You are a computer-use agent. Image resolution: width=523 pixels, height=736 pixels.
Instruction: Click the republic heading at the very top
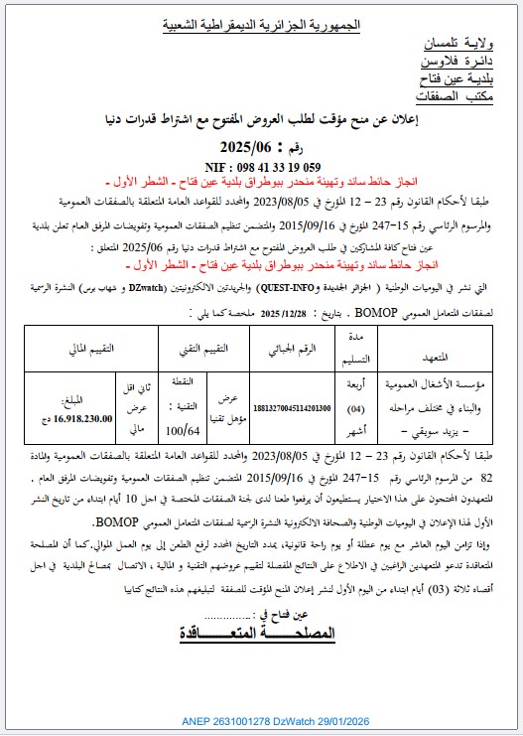click(260, 23)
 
